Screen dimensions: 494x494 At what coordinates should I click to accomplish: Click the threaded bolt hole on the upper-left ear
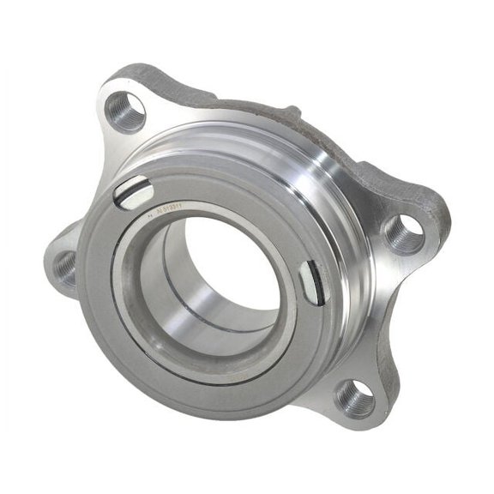point(124,111)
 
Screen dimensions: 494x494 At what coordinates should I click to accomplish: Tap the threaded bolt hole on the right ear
point(404,232)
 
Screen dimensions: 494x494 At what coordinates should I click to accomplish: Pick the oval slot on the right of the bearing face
point(314,281)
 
